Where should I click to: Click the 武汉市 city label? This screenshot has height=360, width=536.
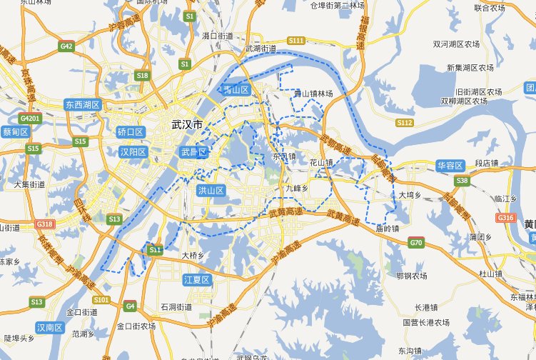pyautogui.click(x=187, y=125)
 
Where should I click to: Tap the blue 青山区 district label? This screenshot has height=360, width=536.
pyautogui.click(x=235, y=90)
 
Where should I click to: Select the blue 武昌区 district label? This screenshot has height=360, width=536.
pyautogui.click(x=193, y=152)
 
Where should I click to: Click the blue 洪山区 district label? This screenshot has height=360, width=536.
pyautogui.click(x=211, y=191)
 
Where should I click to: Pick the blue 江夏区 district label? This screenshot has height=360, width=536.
pyautogui.click(x=196, y=279)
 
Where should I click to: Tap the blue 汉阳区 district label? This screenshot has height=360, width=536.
pyautogui.click(x=132, y=152)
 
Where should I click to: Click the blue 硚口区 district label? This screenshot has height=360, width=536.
pyautogui.click(x=131, y=132)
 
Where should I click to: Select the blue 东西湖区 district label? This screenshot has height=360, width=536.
pyautogui.click(x=83, y=104)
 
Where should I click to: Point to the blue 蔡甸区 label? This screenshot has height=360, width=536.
pyautogui.click(x=15, y=132)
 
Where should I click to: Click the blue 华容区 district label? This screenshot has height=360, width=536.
pyautogui.click(x=450, y=166)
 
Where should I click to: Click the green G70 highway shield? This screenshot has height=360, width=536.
pyautogui.click(x=416, y=244)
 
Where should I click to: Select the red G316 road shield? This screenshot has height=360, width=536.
pyautogui.click(x=505, y=217)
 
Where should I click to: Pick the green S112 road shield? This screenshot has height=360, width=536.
pyautogui.click(x=404, y=123)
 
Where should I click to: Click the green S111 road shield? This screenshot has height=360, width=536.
pyautogui.click(x=296, y=40)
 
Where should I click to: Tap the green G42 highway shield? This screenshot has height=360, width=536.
pyautogui.click(x=67, y=46)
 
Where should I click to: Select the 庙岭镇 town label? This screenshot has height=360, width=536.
pyautogui.click(x=386, y=229)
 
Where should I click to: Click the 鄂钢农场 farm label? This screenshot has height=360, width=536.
pyautogui.click(x=411, y=276)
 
